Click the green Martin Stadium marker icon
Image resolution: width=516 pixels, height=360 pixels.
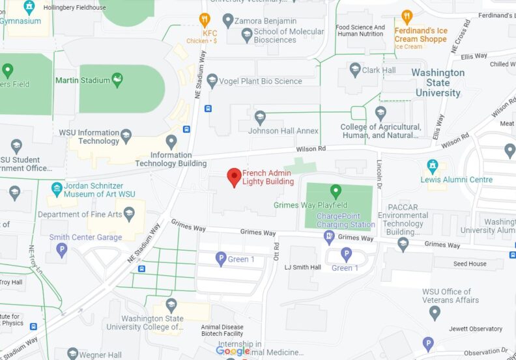click(x=118, y=81)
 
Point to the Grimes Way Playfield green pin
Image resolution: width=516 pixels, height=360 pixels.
click(x=336, y=191)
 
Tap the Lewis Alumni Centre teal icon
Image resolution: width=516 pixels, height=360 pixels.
click(x=432, y=165)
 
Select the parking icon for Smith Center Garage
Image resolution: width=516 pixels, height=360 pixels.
click(x=62, y=249)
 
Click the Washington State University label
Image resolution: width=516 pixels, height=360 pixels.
click(x=438, y=83)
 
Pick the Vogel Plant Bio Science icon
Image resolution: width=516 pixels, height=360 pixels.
click(x=212, y=81)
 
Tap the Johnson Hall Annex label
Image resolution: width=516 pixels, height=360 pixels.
click(x=293, y=131)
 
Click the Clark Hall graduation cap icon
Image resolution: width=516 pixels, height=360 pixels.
click(x=354, y=70)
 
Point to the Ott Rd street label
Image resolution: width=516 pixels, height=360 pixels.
click(x=276, y=253)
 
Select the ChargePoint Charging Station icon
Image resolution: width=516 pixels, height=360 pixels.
click(x=329, y=238)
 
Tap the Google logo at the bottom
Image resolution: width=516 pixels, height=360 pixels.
click(x=233, y=352)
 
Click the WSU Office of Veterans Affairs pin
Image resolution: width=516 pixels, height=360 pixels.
click(x=435, y=312)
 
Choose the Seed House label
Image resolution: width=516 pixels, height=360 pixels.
click(x=469, y=264)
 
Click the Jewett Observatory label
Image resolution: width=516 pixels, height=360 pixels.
click(x=476, y=329)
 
